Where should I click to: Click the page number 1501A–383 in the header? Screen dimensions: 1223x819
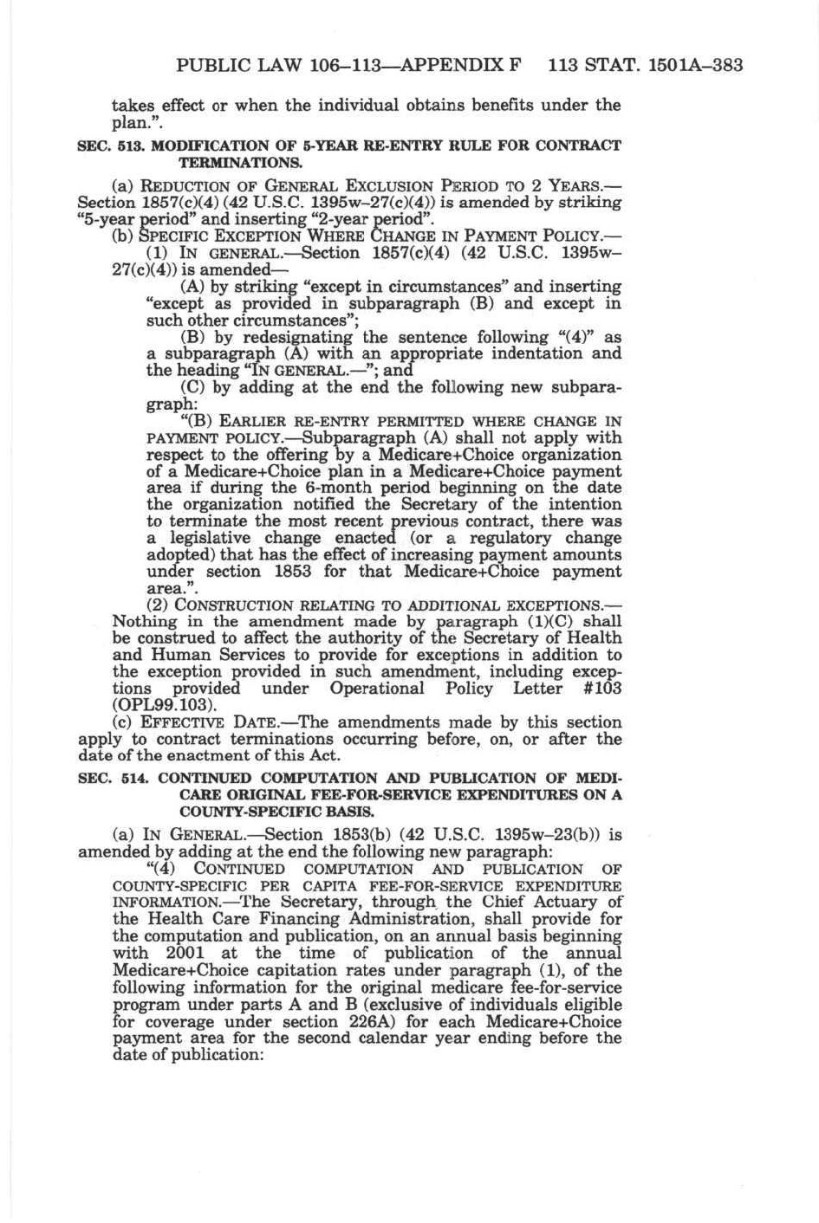[x=694, y=65]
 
